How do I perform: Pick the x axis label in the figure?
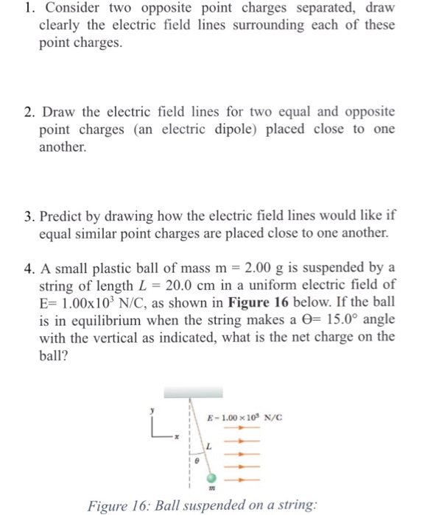177,437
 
